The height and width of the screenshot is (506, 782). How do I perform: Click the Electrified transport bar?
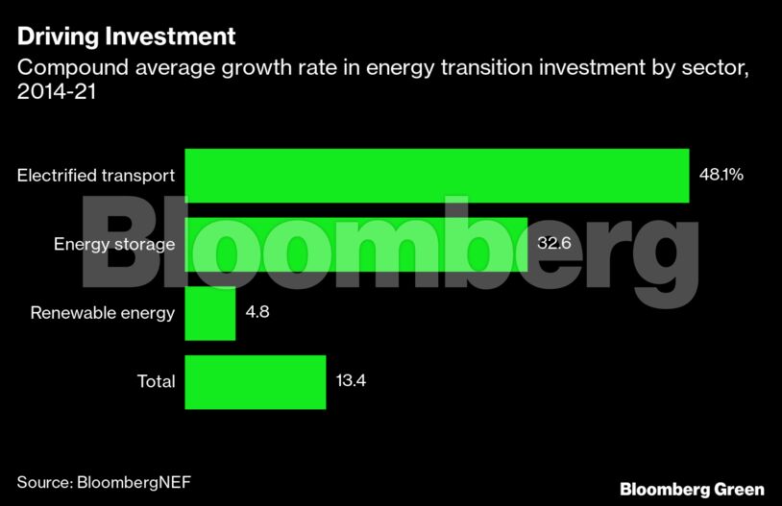[436, 176]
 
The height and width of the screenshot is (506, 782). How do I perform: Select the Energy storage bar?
[355, 244]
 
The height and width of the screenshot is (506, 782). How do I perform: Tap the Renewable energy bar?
[209, 313]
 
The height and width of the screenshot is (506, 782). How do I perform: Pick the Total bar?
[256, 381]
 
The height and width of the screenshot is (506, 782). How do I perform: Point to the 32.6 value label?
[554, 244]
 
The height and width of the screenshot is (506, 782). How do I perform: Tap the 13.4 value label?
[351, 381]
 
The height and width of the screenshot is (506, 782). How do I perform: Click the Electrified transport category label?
[96, 176]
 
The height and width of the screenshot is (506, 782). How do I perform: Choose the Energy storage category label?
[113, 244]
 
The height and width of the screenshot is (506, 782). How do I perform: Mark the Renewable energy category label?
[102, 313]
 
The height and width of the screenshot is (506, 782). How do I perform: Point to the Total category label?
[156, 381]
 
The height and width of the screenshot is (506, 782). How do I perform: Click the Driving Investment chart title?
[126, 37]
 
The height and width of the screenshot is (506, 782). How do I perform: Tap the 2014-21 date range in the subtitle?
[54, 93]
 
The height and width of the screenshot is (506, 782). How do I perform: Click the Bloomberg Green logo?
[692, 489]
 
